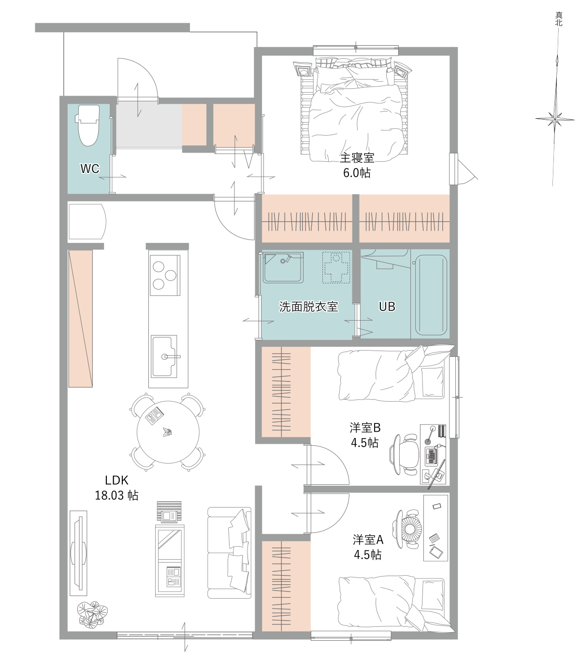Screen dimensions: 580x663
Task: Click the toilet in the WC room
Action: (87, 125)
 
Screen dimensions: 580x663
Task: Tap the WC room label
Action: (90, 169)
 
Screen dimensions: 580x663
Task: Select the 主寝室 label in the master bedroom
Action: (357, 158)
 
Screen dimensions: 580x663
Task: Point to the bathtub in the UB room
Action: (432, 295)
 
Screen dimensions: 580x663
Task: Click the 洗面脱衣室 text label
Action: (308, 307)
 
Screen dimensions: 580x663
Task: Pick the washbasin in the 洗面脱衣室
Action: (284, 268)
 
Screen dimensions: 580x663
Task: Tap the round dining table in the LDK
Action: (168, 432)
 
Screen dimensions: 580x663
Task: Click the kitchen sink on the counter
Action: (164, 356)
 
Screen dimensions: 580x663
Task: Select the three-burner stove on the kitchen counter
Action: (165, 275)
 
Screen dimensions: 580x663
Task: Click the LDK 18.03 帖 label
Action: (117, 487)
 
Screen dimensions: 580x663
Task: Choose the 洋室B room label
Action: (365, 428)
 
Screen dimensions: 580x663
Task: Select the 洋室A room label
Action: (368, 540)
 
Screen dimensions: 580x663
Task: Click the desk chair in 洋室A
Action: (408, 530)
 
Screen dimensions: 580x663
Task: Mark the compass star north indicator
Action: (555, 119)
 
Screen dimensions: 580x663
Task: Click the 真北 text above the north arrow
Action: (559, 19)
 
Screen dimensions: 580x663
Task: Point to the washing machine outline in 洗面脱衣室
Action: (336, 268)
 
